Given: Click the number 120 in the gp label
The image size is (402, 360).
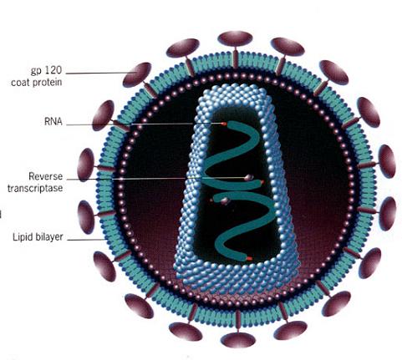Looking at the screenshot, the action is pyautogui.click(x=52, y=69).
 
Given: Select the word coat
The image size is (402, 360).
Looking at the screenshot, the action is pyautogui.click(x=20, y=83).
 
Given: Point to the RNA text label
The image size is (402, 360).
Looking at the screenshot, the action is pyautogui.click(x=53, y=122).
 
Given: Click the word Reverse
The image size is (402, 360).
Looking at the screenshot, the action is pyautogui.click(x=46, y=176).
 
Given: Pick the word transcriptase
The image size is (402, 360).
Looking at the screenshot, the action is pyautogui.click(x=35, y=189).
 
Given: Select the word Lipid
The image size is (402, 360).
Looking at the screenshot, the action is pyautogui.click(x=23, y=237).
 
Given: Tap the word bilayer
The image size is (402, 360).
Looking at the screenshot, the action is pyautogui.click(x=49, y=237).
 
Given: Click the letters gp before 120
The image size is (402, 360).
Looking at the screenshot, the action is pyautogui.click(x=36, y=71).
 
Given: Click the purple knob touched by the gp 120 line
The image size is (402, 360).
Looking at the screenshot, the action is pyautogui.click(x=136, y=74).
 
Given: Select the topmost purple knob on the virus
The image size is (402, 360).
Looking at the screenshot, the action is pyautogui.click(x=235, y=38).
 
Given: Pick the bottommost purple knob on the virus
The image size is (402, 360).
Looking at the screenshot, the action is pyautogui.click(x=238, y=340).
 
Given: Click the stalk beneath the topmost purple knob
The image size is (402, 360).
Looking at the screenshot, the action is pyautogui.click(x=236, y=58).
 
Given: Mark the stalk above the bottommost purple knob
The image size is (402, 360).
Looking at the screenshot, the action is pyautogui.click(x=238, y=321).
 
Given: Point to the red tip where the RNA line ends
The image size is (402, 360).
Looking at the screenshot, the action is pyautogui.click(x=224, y=124).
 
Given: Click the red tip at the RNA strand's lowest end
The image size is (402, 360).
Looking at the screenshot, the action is pyautogui.click(x=249, y=259).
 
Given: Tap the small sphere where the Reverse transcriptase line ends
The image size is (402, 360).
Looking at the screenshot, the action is pyautogui.click(x=248, y=178).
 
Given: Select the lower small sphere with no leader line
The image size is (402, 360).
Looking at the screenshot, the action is pyautogui.click(x=225, y=200).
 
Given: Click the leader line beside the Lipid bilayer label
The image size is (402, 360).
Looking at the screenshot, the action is pyautogui.click(x=86, y=240).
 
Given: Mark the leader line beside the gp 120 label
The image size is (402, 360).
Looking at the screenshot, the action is pyautogui.click(x=101, y=74).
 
